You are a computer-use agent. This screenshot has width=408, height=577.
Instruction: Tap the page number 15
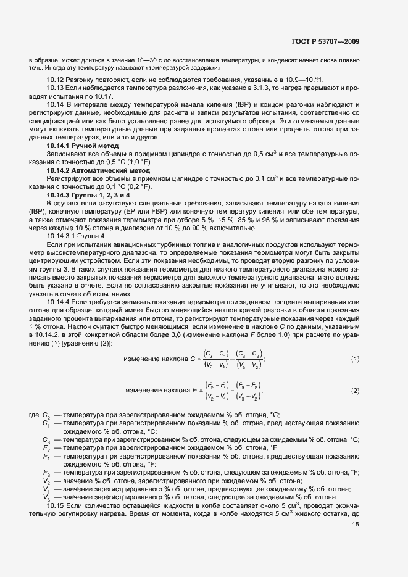point(356,525)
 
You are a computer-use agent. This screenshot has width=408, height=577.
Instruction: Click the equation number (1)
point(355,359)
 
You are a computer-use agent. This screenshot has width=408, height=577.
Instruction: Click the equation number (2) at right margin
point(355,391)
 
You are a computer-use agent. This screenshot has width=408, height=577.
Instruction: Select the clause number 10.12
point(56,81)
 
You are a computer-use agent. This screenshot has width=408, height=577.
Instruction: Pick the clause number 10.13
point(56,89)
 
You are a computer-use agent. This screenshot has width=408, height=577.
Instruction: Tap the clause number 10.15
point(56,505)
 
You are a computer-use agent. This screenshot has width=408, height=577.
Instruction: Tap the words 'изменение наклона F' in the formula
point(160,391)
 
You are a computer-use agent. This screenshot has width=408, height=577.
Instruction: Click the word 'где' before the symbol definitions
point(35,415)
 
